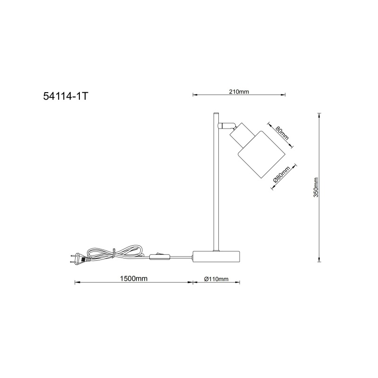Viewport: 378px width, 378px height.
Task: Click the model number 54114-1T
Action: click(x=66, y=96)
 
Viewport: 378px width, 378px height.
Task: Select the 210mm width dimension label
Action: click(x=239, y=92)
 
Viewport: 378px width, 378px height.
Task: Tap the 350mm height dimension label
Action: click(x=316, y=187)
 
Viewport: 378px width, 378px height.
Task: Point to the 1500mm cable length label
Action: click(x=134, y=279)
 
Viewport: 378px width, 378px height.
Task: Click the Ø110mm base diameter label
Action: click(x=216, y=279)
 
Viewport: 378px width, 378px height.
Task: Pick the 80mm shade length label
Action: click(x=282, y=133)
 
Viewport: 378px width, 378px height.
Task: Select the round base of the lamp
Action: click(x=216, y=257)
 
